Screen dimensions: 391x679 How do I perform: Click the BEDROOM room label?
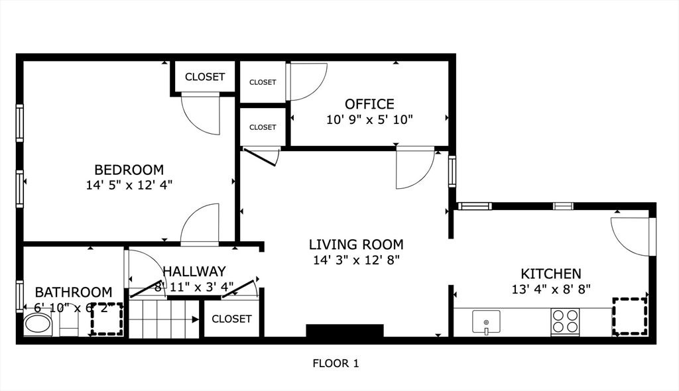129,170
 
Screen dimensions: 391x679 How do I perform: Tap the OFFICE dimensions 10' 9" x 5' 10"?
369,120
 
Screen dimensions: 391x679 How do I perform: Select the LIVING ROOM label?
356,245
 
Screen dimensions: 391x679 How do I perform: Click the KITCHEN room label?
550,274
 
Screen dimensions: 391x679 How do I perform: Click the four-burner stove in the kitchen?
566,322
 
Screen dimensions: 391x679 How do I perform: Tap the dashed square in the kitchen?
629,317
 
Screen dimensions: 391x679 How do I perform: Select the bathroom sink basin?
37,325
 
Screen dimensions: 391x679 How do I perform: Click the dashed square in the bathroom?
107,319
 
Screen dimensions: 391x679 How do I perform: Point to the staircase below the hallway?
163,319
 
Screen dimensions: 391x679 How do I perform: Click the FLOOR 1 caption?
336,363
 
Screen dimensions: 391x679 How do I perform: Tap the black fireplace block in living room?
345,331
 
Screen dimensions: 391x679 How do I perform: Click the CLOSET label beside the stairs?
231,319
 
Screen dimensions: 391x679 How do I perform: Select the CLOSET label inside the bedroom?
205,77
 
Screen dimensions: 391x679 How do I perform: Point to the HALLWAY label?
194,271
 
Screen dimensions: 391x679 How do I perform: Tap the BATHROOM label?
73,292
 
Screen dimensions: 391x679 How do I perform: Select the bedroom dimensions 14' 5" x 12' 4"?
129,185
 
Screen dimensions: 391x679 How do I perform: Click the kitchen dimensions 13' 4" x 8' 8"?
550,288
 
